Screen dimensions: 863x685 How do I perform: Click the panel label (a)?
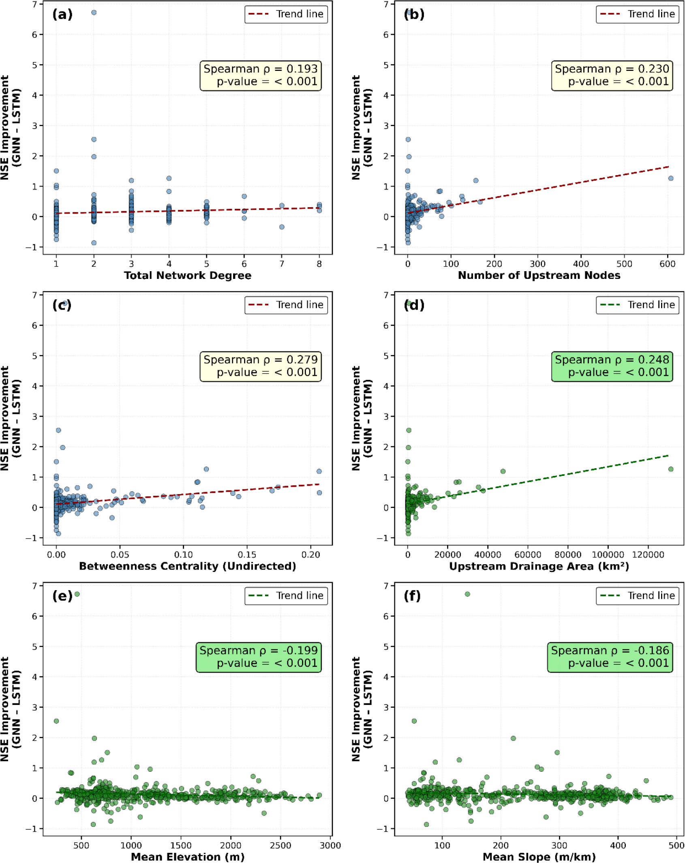click(62, 15)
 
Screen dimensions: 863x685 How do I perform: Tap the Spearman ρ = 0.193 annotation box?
click(260, 75)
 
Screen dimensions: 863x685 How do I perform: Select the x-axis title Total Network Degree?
click(188, 275)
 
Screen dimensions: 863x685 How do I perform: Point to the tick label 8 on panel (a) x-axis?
click(319, 264)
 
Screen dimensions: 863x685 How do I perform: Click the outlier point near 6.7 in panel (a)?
click(94, 13)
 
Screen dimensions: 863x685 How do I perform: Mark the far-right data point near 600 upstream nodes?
click(670, 178)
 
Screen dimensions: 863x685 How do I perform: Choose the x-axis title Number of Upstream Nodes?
click(539, 275)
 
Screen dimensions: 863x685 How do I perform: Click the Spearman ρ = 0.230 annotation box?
click(612, 75)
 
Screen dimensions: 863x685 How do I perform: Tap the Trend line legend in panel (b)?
click(637, 15)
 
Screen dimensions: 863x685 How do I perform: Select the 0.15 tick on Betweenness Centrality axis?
click(247, 555)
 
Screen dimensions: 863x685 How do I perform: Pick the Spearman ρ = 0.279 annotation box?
click(260, 366)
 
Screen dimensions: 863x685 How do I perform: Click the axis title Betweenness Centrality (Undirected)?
click(188, 566)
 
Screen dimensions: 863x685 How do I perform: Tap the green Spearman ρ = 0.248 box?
click(612, 366)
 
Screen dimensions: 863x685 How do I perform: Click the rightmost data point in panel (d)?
click(670, 469)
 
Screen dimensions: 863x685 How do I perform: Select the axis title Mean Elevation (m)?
click(188, 857)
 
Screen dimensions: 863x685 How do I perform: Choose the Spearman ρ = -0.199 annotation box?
click(259, 657)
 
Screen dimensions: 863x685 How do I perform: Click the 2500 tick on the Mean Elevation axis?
click(280, 845)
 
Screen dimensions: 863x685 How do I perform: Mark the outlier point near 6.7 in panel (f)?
click(467, 594)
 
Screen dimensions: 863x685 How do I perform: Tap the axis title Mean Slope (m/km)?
click(539, 857)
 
